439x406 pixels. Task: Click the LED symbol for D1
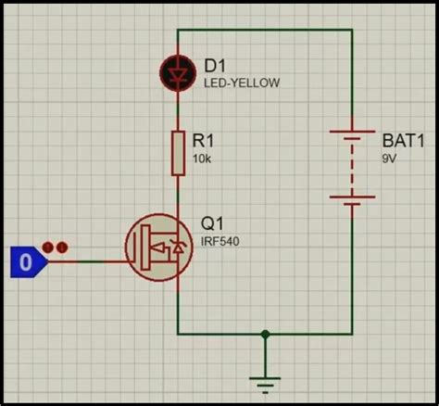point(176,72)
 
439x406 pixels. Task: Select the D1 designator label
point(215,65)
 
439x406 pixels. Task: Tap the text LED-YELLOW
point(241,82)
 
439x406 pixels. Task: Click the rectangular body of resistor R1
point(176,152)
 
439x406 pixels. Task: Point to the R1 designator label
point(203,141)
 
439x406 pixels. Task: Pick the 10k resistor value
point(201,159)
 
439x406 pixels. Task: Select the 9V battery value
point(389,159)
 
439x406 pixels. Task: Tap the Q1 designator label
point(213,224)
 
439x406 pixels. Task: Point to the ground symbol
point(266,379)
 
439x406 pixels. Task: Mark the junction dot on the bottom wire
point(266,334)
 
